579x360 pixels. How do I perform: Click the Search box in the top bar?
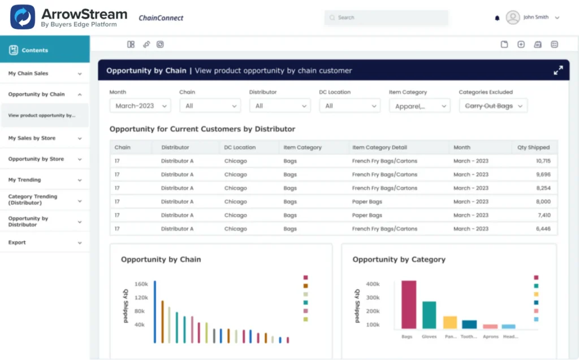point(386,18)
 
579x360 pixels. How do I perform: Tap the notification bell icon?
point(497,18)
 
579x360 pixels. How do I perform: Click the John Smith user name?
point(535,18)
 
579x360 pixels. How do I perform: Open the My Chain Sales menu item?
point(28,73)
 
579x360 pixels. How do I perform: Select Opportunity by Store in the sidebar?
point(36,159)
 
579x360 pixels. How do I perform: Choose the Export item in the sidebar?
point(17,242)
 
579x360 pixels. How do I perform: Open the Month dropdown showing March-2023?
point(140,106)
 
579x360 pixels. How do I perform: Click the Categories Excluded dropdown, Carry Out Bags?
point(492,106)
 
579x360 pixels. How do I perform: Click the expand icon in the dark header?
point(558,71)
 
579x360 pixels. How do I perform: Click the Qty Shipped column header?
point(533,148)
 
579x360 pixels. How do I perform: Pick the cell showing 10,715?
point(543,161)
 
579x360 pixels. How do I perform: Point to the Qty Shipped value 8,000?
point(543,202)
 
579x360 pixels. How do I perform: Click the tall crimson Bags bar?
point(409,305)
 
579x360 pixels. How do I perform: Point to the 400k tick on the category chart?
point(373,284)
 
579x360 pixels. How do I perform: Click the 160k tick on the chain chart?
point(141,284)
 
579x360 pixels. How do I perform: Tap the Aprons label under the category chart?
point(490,336)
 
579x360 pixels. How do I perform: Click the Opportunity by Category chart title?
point(399,259)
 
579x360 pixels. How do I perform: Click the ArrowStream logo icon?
point(23,18)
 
